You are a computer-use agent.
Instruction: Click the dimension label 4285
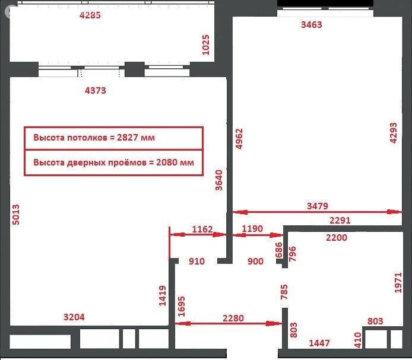[x=90, y=15]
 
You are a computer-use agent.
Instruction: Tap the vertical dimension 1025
[x=206, y=45]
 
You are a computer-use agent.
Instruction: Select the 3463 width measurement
[x=312, y=24]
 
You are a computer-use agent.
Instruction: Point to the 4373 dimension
[x=96, y=91]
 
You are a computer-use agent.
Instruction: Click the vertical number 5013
[x=16, y=215]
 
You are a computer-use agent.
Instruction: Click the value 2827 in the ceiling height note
[x=131, y=137]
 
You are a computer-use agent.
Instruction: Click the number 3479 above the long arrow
[x=317, y=206]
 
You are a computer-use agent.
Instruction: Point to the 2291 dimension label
[x=341, y=220]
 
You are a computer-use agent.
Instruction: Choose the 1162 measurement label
[x=202, y=229]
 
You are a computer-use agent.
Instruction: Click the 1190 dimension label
[x=252, y=229]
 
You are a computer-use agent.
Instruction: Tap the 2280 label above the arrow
[x=233, y=318]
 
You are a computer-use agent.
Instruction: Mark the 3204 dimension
[x=74, y=317]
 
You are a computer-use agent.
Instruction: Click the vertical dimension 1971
[x=398, y=282]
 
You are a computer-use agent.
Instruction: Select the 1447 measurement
[x=319, y=343]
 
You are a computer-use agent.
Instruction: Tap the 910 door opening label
[x=197, y=261]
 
